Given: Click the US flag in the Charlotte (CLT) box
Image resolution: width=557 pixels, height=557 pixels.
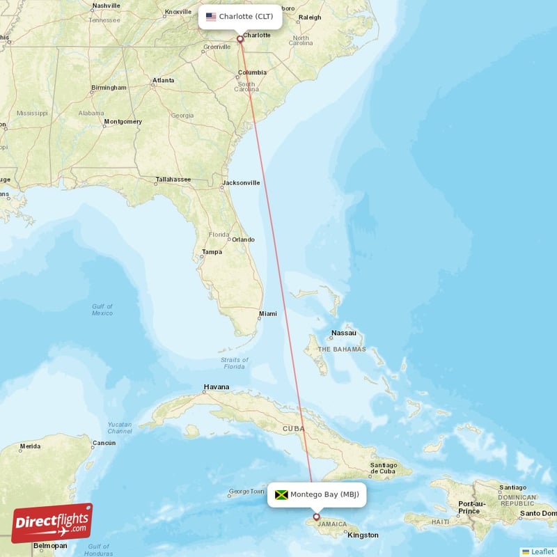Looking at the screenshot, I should [x=211, y=17].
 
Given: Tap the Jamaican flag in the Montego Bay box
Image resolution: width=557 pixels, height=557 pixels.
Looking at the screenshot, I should [x=281, y=495].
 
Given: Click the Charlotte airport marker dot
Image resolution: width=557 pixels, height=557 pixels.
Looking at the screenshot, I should [x=240, y=39].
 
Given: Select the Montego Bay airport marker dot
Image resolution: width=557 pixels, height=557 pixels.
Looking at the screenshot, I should [x=317, y=517].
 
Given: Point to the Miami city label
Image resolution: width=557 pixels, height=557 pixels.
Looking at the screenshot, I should [x=267, y=314].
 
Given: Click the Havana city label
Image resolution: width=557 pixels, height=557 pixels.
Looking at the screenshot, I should [x=216, y=387].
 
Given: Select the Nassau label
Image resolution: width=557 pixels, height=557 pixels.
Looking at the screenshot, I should [x=343, y=333].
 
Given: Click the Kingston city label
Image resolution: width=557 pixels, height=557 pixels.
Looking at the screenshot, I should [x=363, y=535].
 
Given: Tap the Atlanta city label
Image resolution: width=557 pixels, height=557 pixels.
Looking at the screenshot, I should [x=164, y=80].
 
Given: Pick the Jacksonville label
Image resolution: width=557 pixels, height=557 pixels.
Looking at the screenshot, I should [x=241, y=183].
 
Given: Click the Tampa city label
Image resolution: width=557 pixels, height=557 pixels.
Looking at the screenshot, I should [x=212, y=252].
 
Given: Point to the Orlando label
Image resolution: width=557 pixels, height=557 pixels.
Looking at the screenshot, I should [x=243, y=240].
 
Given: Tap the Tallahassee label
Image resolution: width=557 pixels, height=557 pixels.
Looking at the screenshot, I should [x=173, y=180].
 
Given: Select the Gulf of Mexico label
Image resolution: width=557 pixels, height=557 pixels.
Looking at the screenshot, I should [x=102, y=310].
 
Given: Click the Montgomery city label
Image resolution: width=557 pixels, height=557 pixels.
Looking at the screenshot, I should [x=123, y=122].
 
